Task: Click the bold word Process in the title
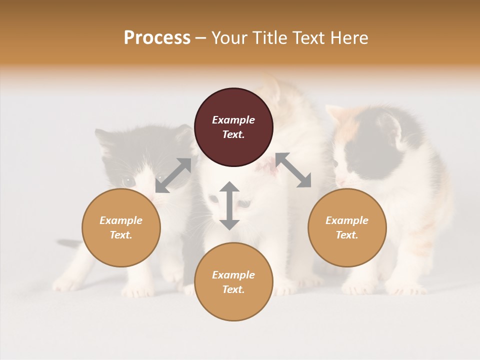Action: (x=157, y=38)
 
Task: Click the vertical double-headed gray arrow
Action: (x=229, y=205)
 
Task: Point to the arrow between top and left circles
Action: (x=173, y=175)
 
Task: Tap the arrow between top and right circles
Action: (x=293, y=170)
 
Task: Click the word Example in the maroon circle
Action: (x=233, y=120)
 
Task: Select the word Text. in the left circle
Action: (x=121, y=235)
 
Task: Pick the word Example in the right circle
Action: (x=347, y=220)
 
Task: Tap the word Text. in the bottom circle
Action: (x=233, y=289)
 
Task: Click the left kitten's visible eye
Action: (x=128, y=180)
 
